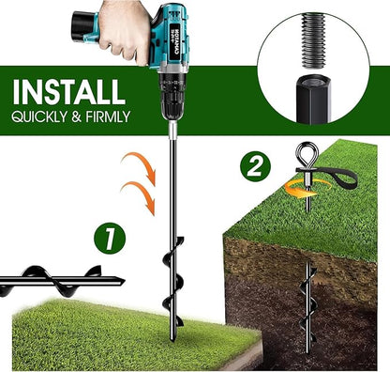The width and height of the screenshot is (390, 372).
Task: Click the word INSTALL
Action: pyautogui.click(x=67, y=92)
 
